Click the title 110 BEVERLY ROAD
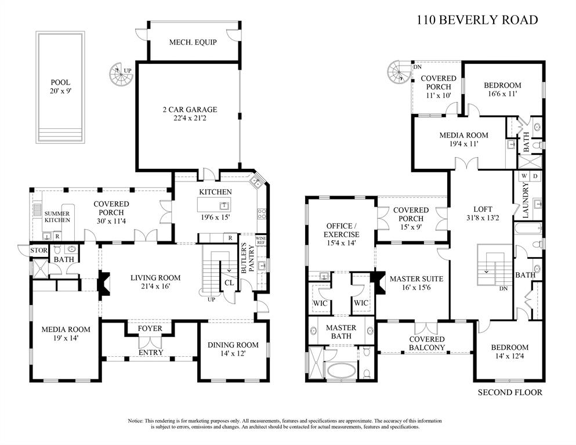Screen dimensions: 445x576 (477, 20)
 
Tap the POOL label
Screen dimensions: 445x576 (59, 82)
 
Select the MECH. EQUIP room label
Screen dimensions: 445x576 (193, 42)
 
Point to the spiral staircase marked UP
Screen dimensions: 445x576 (120, 73)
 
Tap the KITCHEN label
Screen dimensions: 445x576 (215, 192)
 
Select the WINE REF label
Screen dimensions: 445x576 (261, 242)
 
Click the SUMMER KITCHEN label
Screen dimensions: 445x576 (57, 217)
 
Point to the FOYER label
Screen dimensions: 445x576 (150, 329)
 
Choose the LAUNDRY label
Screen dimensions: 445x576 (526, 200)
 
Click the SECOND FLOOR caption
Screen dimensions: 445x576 (510, 393)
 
